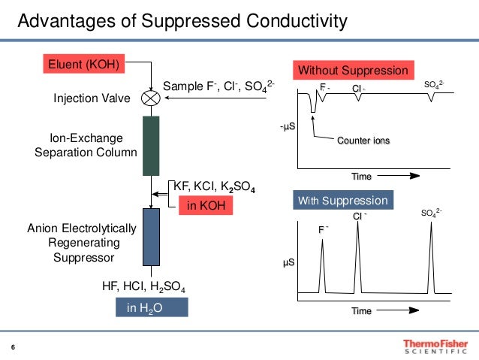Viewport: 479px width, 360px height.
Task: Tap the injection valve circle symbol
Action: [151, 98]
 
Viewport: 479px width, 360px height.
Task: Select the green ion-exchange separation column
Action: [151, 146]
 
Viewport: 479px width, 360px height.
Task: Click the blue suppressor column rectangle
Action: [151, 237]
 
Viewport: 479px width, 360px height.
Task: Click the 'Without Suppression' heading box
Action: [354, 71]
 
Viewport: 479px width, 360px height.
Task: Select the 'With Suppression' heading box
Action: [342, 201]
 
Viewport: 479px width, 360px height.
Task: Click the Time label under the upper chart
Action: [362, 177]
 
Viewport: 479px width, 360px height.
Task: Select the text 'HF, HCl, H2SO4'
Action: [143, 286]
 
